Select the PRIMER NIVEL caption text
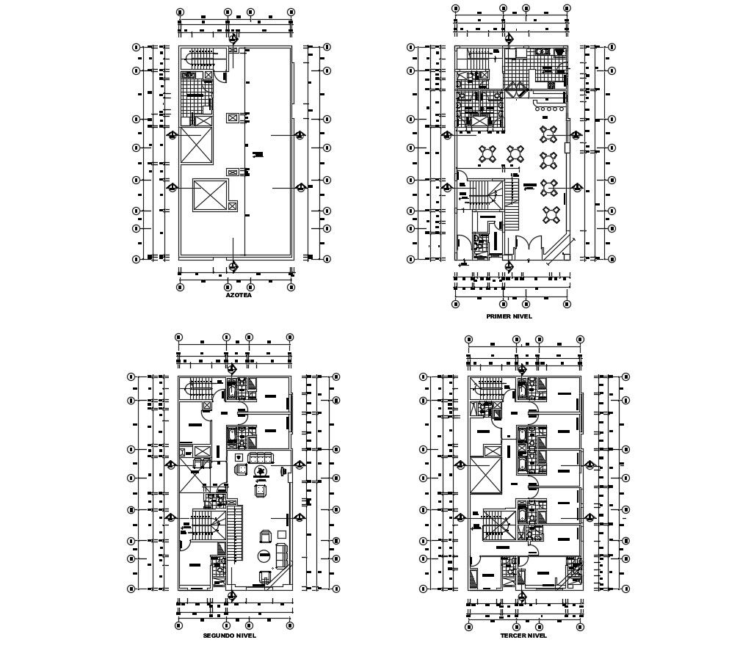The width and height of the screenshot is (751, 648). (509, 316)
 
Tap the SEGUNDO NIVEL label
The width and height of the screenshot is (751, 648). (230, 636)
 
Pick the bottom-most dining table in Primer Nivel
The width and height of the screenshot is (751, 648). (550, 214)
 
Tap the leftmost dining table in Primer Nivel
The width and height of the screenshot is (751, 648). (488, 155)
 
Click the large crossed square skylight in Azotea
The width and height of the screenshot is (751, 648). (211, 195)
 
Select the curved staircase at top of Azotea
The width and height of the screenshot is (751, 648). (203, 58)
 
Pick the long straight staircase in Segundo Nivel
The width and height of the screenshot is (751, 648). (235, 532)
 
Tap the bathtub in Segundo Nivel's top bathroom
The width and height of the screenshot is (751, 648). (233, 390)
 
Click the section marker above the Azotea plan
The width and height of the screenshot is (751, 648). (233, 38)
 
